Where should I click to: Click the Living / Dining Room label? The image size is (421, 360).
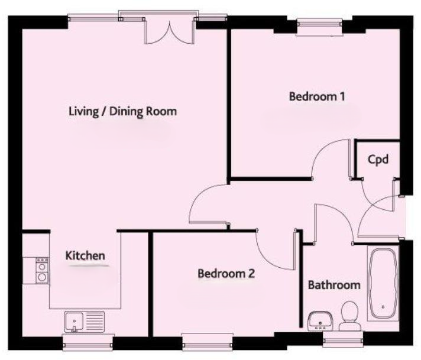(x=123, y=111)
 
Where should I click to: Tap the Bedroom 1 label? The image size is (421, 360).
(x=316, y=96)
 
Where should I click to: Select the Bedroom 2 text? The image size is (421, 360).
(x=226, y=274)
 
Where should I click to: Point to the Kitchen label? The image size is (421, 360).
(x=85, y=256)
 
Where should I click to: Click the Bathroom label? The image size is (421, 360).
(x=334, y=285)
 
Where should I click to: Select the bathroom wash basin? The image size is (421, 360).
(x=321, y=320)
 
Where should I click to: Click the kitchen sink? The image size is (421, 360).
(x=85, y=322)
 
